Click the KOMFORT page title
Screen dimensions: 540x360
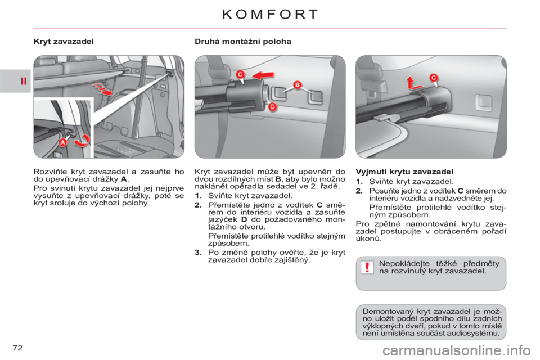point(270,14)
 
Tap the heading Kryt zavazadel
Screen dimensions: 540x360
point(64,41)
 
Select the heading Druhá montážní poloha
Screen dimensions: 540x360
point(243,41)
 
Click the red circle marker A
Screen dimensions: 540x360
point(62,142)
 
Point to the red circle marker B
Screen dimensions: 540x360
point(297,85)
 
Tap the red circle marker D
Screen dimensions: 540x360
point(272,107)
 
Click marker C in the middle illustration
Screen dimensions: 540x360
point(240,74)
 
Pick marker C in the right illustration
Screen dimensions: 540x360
point(433,78)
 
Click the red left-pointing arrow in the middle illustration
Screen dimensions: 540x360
point(263,75)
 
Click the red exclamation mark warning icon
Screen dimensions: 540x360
point(367,267)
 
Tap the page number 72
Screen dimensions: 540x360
point(17,348)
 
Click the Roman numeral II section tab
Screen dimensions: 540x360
point(23,82)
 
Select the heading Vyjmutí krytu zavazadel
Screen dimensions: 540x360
point(404,172)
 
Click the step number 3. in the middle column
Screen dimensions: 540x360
point(198,253)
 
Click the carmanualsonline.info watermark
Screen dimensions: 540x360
point(457,351)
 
